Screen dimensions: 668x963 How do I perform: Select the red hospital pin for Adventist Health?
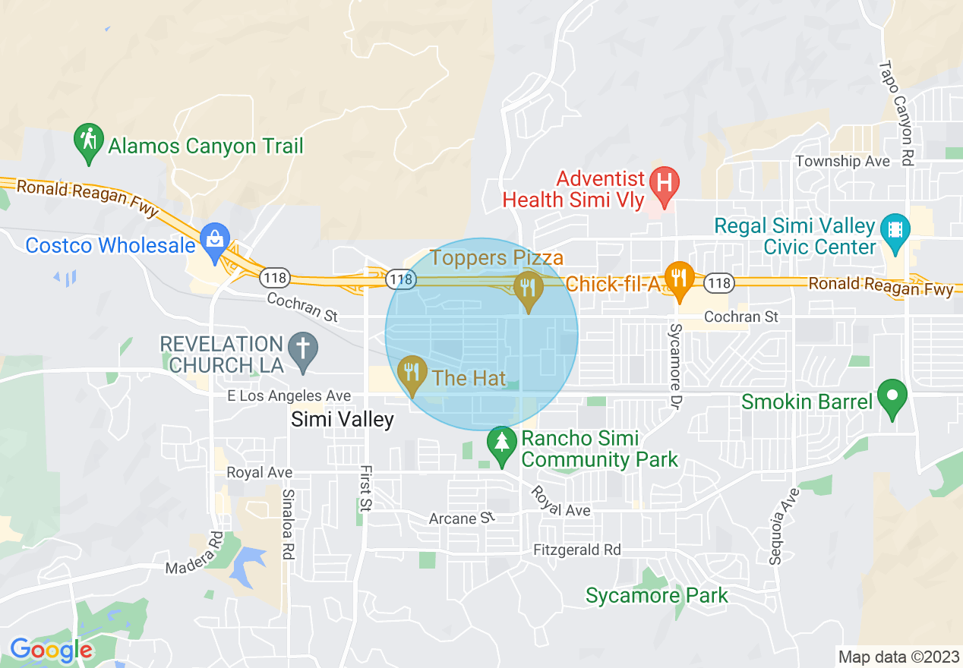tap(665, 185)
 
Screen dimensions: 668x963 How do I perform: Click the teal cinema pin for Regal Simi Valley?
tap(895, 231)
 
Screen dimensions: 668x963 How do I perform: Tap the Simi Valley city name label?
tap(343, 420)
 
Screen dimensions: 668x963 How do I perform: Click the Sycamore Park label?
tap(656, 596)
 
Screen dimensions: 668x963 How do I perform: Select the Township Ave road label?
tap(842, 161)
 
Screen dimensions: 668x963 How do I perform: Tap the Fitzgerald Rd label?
tap(576, 550)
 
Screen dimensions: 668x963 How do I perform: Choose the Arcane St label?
tap(462, 518)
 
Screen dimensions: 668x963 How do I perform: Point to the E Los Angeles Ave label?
tap(289, 396)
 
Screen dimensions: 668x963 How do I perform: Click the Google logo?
tap(51, 651)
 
